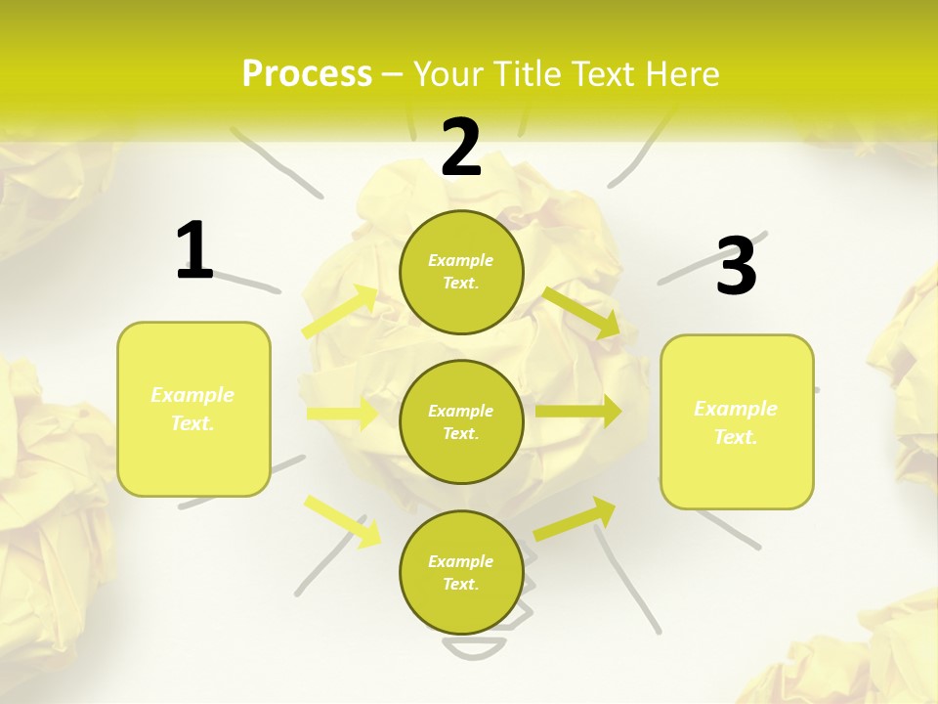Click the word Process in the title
(x=307, y=74)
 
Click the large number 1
(x=194, y=251)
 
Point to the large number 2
(x=461, y=148)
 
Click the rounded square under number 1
(x=193, y=409)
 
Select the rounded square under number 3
(x=737, y=421)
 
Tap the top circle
(x=461, y=272)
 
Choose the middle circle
(x=461, y=421)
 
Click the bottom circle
(x=461, y=572)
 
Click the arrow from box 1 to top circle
(x=341, y=311)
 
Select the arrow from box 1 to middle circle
(x=343, y=414)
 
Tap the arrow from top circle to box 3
(x=582, y=312)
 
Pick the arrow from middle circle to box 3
(x=578, y=412)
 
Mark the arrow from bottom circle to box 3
(x=576, y=518)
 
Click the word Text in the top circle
(x=460, y=284)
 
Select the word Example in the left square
(x=192, y=395)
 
